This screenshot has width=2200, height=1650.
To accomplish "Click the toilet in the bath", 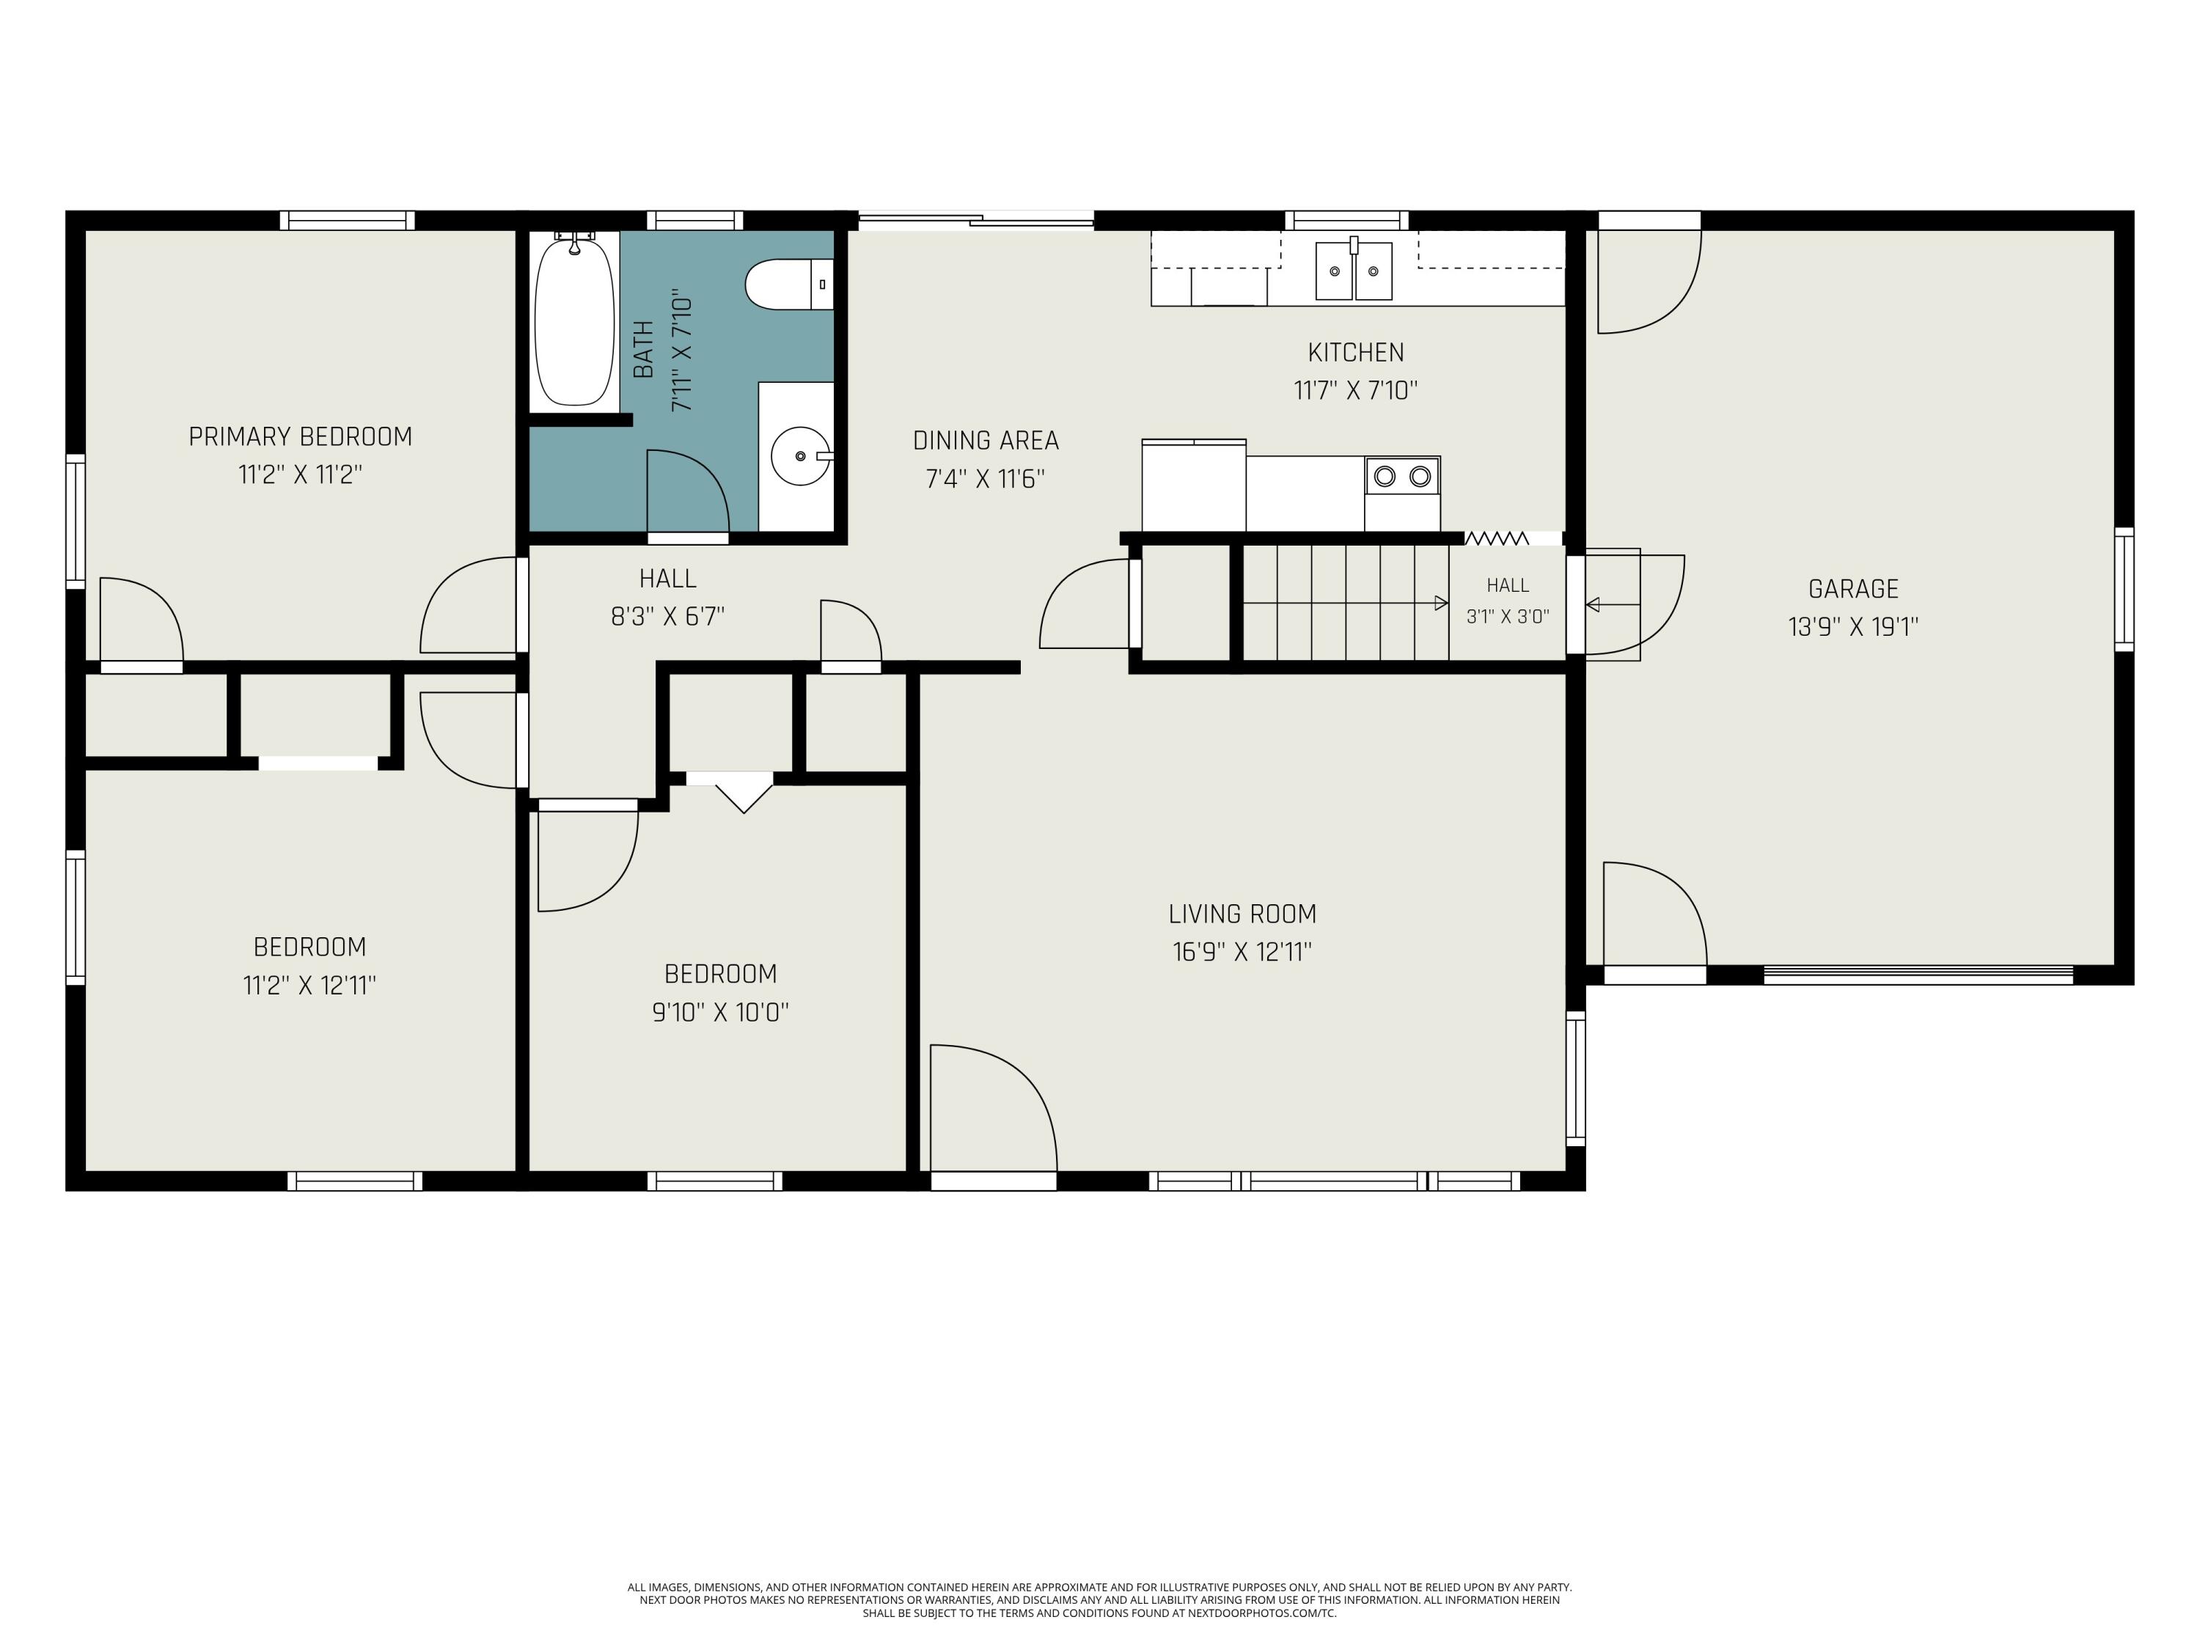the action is click(x=790, y=284).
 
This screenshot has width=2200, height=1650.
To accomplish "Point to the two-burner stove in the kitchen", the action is click(x=1402, y=477).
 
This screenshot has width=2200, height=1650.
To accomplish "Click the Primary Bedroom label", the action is click(x=301, y=436).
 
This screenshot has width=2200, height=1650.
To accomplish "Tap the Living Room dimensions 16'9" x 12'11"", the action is click(x=1242, y=952).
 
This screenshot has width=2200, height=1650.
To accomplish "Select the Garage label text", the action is click(x=1853, y=589).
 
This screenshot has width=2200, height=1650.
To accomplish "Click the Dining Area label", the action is click(x=986, y=441).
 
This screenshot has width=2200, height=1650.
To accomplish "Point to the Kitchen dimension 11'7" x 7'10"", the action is click(x=1356, y=390).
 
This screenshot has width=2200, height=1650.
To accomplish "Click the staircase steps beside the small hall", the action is click(x=1346, y=602).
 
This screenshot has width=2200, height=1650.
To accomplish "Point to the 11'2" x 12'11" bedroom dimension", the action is click(x=309, y=986).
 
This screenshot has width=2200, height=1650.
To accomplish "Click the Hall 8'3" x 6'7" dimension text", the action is click(x=667, y=617).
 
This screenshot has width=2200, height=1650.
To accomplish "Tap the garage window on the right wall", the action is click(x=2124, y=589).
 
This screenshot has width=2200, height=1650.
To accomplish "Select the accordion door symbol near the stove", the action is click(x=1497, y=538).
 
